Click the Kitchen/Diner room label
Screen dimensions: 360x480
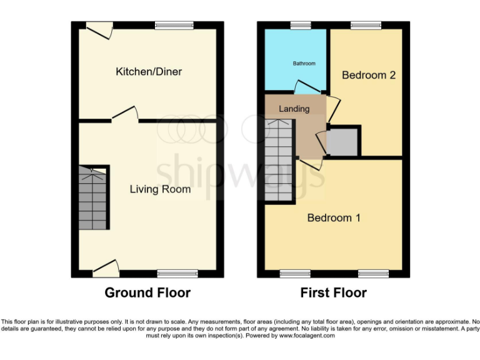tap(149, 72)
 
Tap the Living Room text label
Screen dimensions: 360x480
tap(160, 189)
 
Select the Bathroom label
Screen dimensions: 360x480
tap(304, 64)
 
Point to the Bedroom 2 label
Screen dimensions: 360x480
tap(369, 75)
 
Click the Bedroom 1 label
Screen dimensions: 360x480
tap(334, 218)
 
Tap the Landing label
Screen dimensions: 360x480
tap(294, 109)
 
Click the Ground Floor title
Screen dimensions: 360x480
tap(147, 292)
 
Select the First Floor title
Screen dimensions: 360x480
tap(334, 292)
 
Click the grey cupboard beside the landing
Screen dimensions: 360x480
tap(342, 142)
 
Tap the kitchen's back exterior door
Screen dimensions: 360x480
tap(99, 28)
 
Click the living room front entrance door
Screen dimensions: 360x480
tap(106, 268)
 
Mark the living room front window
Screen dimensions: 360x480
tap(177, 273)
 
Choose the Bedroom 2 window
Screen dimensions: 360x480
tap(366, 25)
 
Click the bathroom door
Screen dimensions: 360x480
tap(306, 87)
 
